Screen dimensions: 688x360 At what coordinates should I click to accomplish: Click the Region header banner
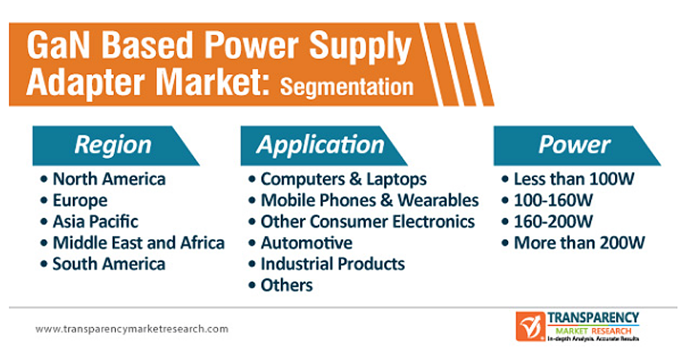pyautogui.click(x=114, y=146)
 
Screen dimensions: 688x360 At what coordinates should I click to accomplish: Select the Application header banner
pyautogui.click(x=322, y=146)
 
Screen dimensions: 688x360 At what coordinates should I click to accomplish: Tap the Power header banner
pyautogui.click(x=576, y=146)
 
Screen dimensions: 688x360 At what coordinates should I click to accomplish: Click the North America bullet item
pyautogui.click(x=109, y=179)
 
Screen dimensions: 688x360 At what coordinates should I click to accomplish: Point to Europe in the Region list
pyautogui.click(x=80, y=200)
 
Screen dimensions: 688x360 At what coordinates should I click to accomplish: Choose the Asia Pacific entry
pyautogui.click(x=95, y=222)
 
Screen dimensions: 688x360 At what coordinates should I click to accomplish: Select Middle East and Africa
pyautogui.click(x=138, y=242)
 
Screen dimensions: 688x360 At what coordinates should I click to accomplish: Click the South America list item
pyautogui.click(x=109, y=264)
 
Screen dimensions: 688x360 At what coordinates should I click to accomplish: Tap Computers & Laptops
pyautogui.click(x=343, y=179)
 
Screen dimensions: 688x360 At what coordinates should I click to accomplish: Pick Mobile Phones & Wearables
pyautogui.click(x=370, y=200)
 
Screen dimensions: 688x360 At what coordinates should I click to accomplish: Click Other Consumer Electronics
pyautogui.click(x=368, y=222)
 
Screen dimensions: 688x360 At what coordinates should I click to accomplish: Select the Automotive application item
pyautogui.click(x=306, y=242)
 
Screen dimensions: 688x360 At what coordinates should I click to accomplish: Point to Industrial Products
pyautogui.click(x=333, y=264)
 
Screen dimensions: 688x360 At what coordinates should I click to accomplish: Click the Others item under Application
pyautogui.click(x=286, y=285)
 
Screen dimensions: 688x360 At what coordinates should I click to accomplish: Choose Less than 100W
pyautogui.click(x=574, y=179)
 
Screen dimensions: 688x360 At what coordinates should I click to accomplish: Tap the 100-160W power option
pyautogui.click(x=553, y=200)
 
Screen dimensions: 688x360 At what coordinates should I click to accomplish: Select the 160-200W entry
pyautogui.click(x=553, y=222)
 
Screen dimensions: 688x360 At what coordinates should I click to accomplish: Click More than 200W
pyautogui.click(x=579, y=242)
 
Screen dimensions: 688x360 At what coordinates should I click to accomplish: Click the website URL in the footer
pyautogui.click(x=132, y=329)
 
